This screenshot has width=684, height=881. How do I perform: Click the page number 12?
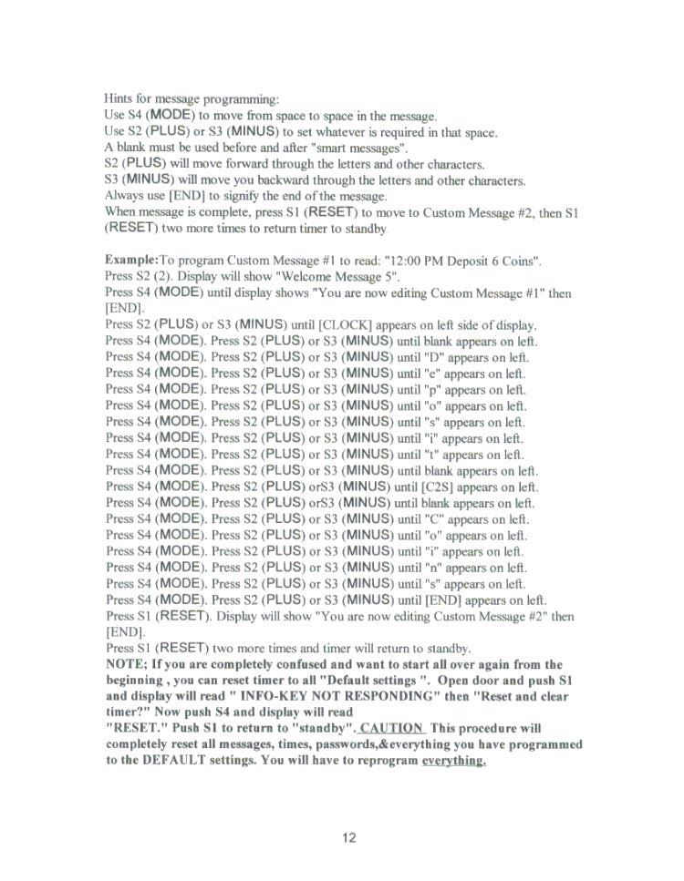[347, 837]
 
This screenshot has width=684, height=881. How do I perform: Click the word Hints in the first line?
[121, 97]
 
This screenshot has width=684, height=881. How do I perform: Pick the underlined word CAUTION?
[392, 728]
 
